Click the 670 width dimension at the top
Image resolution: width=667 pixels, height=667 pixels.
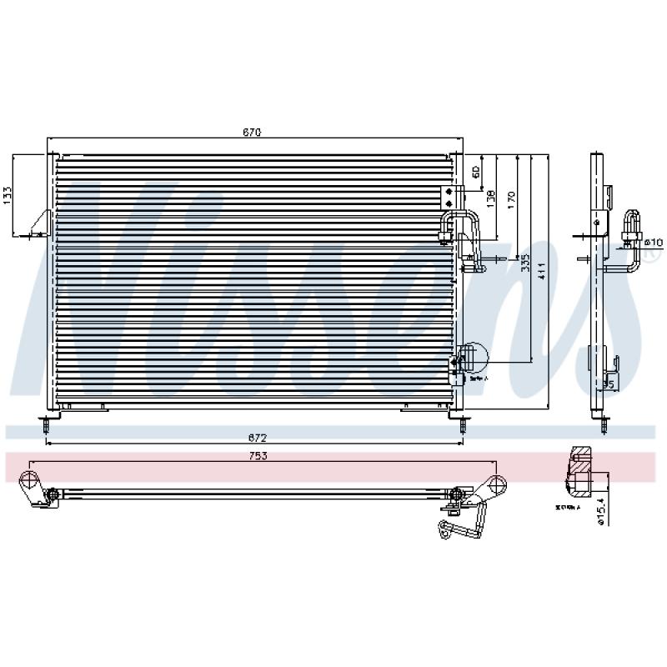[253, 133]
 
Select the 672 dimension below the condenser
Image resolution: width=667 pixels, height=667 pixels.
[257, 437]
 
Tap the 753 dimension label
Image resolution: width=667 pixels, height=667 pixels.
[259, 456]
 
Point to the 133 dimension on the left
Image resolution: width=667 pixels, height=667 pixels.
[8, 194]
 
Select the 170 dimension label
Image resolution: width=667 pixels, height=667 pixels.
[511, 198]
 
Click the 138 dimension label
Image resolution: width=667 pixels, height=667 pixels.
[492, 198]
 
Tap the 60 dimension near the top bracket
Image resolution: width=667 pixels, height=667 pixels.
[475, 172]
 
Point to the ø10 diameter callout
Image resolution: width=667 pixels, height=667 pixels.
[653, 243]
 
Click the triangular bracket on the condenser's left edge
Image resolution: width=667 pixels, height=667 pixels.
[41, 223]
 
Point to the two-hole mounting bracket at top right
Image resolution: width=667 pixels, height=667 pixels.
[450, 197]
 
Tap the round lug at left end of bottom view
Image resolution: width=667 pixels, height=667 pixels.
[31, 482]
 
